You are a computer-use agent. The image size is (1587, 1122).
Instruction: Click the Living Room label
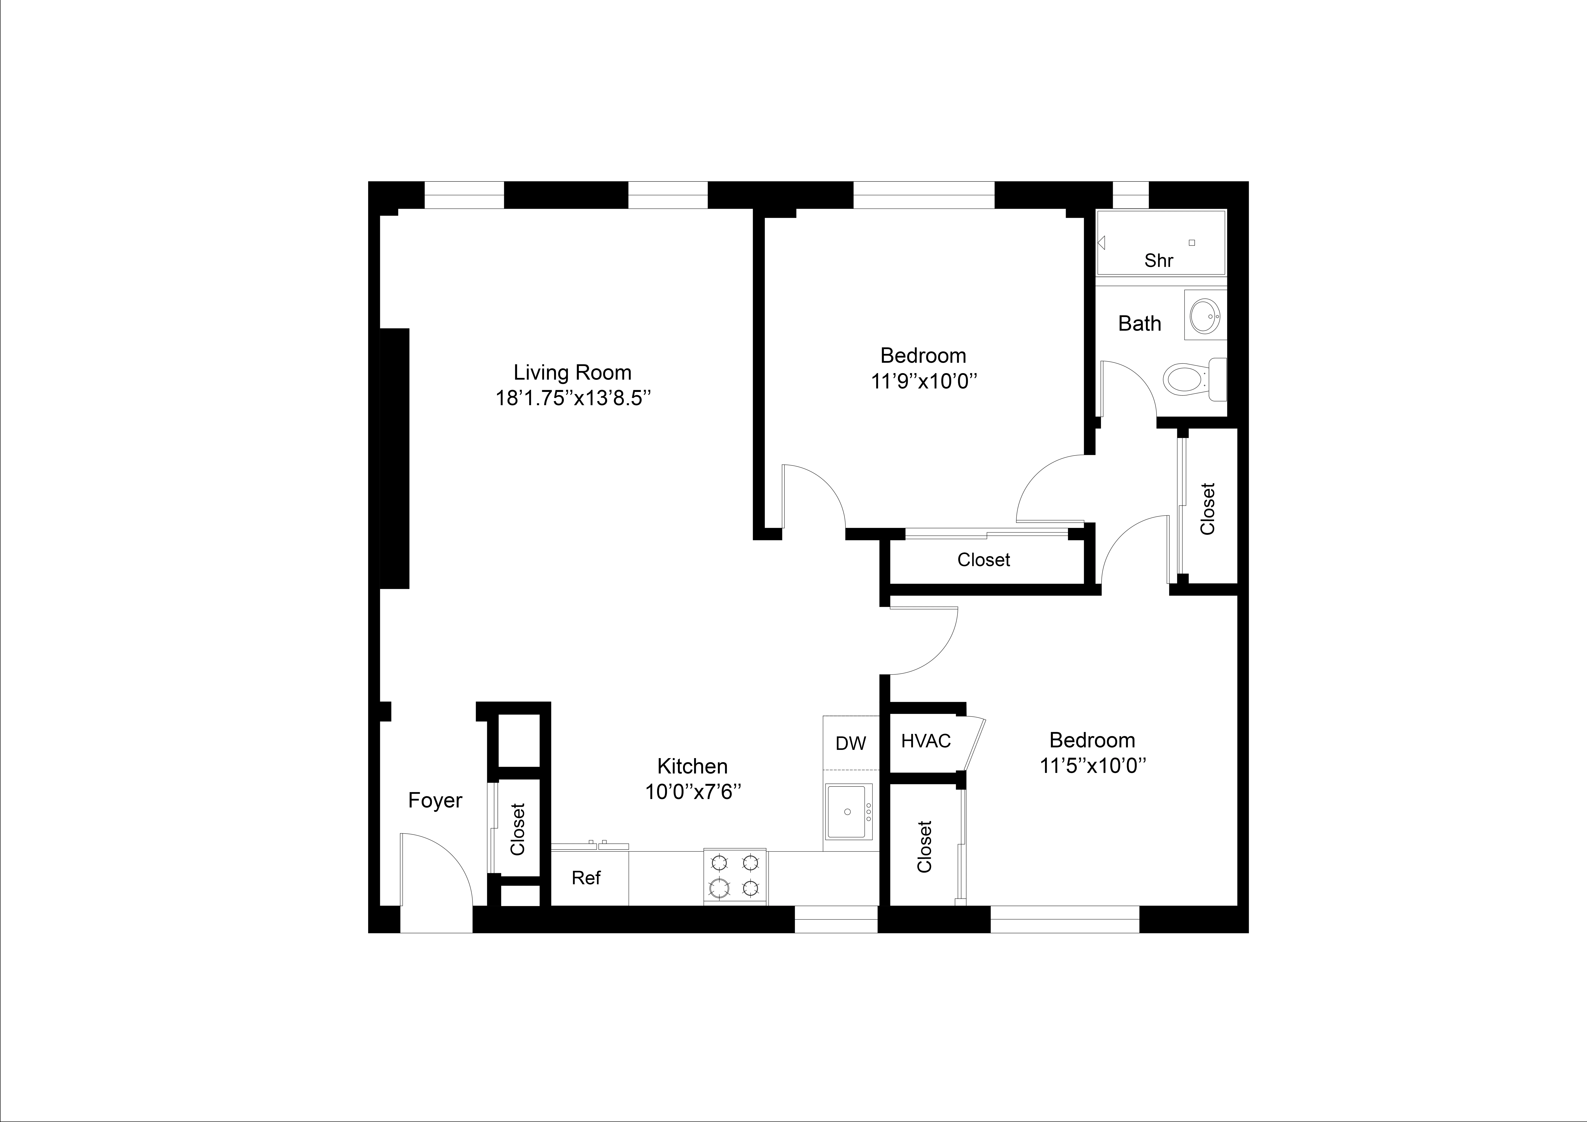click(x=572, y=373)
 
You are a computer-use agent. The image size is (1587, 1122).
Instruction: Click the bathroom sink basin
click(x=1206, y=315)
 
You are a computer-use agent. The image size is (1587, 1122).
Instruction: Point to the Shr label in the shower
click(x=1158, y=261)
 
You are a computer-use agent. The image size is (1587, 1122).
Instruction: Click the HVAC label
click(x=925, y=741)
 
